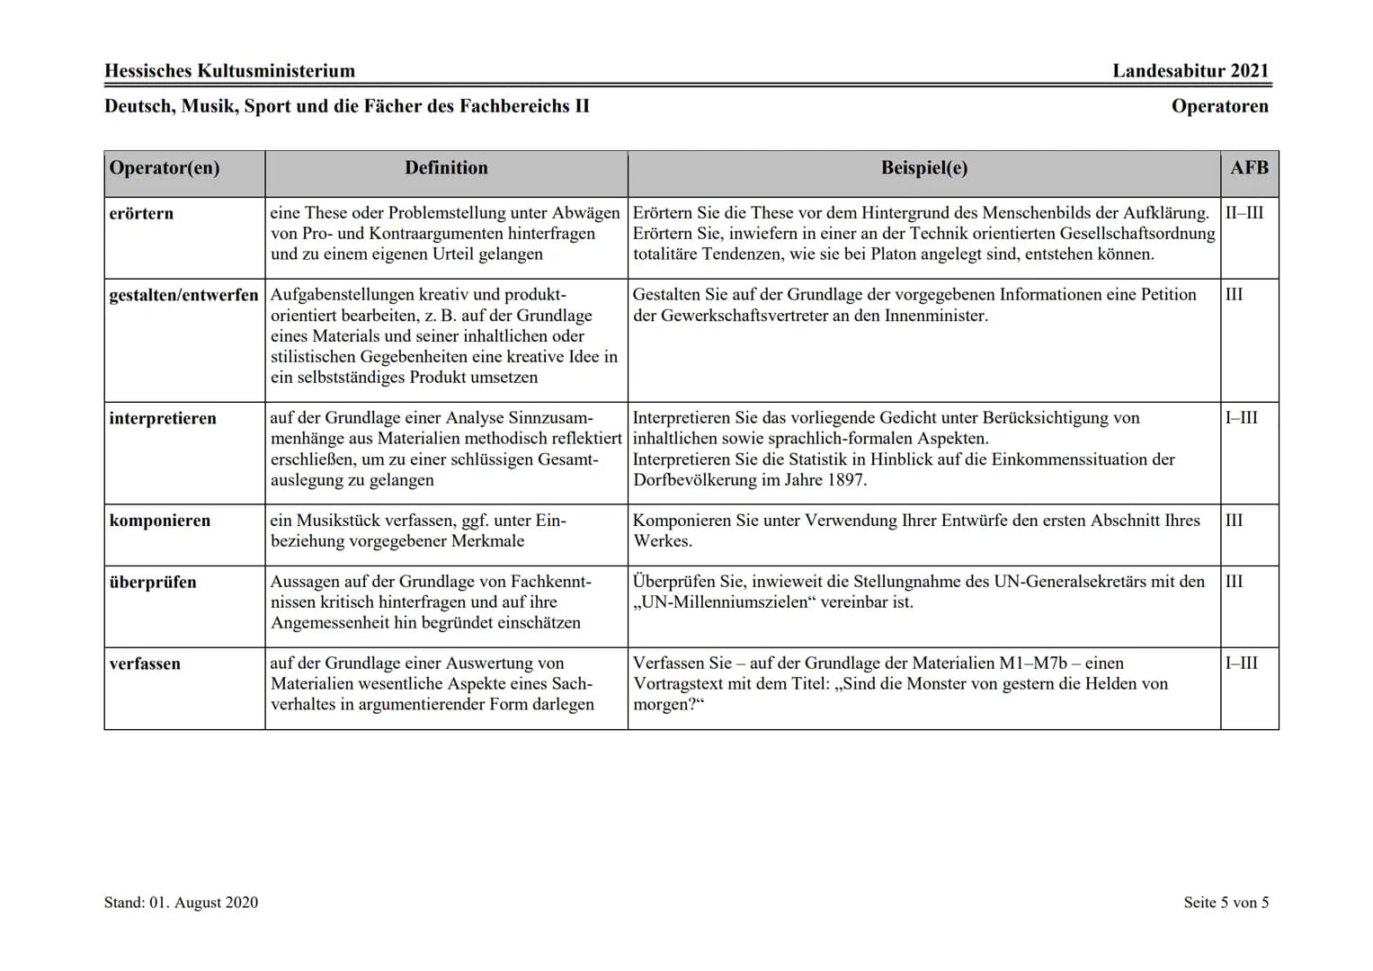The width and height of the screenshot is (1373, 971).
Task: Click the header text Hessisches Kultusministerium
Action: [x=229, y=71]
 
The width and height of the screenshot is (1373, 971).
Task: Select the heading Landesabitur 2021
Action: [x=1190, y=71]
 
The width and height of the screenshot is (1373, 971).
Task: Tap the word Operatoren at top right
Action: [x=1219, y=106]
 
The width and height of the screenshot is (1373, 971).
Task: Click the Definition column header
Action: [x=446, y=168]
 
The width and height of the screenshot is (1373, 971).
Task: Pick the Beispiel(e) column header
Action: [x=923, y=168]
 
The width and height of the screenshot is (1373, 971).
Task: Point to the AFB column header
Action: [x=1249, y=168]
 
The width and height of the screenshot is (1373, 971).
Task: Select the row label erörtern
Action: [x=141, y=214]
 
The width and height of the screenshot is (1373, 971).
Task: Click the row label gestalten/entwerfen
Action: [x=183, y=295]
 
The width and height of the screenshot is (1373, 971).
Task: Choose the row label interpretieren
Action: [x=163, y=419]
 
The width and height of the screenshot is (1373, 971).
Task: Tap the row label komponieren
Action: [x=160, y=521]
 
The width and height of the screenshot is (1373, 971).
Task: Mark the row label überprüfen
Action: [x=153, y=583]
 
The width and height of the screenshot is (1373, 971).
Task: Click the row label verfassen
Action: [x=145, y=664]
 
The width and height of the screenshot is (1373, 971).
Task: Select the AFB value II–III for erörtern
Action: [x=1244, y=213]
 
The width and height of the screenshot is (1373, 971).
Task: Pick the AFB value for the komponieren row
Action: [x=1234, y=521]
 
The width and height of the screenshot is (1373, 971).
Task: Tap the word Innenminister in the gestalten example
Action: [x=935, y=316]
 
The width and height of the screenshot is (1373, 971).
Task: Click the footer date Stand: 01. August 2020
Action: [x=181, y=903]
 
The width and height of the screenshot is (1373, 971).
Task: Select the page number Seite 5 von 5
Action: [x=1226, y=903]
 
